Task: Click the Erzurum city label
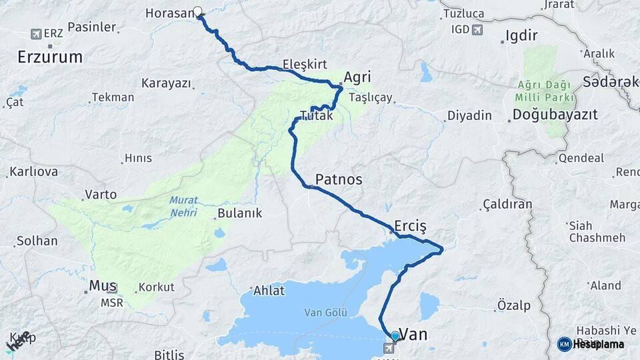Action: point(51,57)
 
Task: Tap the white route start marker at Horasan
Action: point(197,11)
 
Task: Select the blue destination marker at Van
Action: point(395,337)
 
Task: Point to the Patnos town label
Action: point(339,179)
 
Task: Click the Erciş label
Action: point(410,224)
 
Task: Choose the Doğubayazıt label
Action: point(555,115)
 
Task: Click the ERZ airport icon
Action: point(36,33)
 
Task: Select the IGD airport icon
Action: point(477,29)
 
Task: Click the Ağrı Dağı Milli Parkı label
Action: point(545,90)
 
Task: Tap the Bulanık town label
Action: point(239,214)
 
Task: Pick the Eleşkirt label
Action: point(305,65)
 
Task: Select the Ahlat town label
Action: point(269,291)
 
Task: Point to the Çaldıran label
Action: point(507,204)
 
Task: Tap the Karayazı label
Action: point(166,83)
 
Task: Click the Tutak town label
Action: point(316,115)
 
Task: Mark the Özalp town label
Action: point(514,305)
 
